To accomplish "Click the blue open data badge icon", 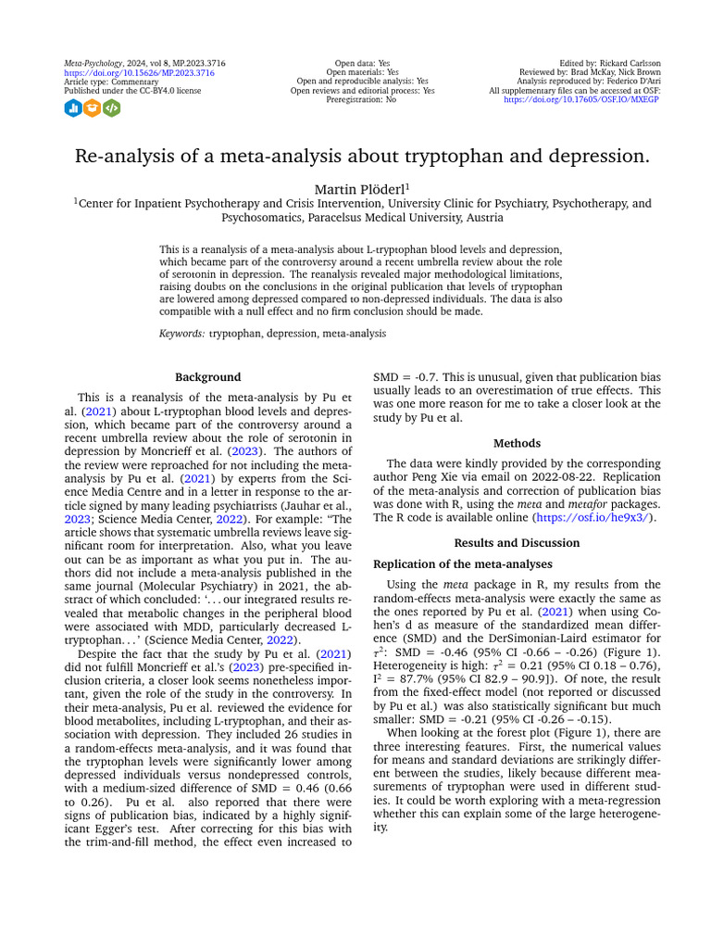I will pos(72,108).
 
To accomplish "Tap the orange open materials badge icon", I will pos(92,108).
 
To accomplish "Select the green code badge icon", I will pos(111,108).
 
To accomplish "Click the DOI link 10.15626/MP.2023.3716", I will pos(139,72).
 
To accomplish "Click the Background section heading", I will pos(208,377).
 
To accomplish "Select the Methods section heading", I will pos(517,444).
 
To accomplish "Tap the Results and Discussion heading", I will pos(517,542).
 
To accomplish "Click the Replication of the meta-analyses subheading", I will pos(462,563).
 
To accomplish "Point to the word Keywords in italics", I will pos(181,333).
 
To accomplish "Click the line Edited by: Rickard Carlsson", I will pos(611,63).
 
